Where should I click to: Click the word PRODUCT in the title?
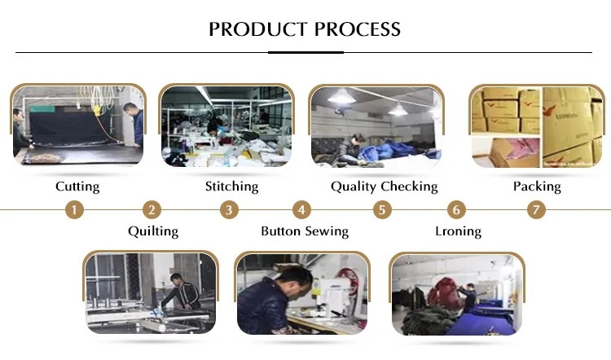coord(258,29)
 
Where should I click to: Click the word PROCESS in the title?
coord(358,29)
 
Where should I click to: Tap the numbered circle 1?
coord(74,210)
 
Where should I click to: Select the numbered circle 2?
coord(152,210)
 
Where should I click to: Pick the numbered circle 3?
coord(229,210)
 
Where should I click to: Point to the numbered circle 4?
coord(301,210)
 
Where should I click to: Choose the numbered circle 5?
coord(382,210)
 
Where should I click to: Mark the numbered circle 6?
coord(456,210)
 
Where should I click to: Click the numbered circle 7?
coord(536,210)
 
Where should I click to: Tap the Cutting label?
coord(77,187)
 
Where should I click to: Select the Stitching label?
coord(232,187)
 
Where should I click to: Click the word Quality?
coord(354,187)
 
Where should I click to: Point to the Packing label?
coord(537,187)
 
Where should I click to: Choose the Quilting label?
coord(153,231)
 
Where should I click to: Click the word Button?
coord(280,231)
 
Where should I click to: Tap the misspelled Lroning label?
coord(458,231)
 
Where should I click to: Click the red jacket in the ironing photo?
coord(445,292)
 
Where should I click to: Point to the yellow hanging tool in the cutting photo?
coord(96,110)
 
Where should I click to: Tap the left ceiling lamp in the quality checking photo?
coord(341,96)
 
